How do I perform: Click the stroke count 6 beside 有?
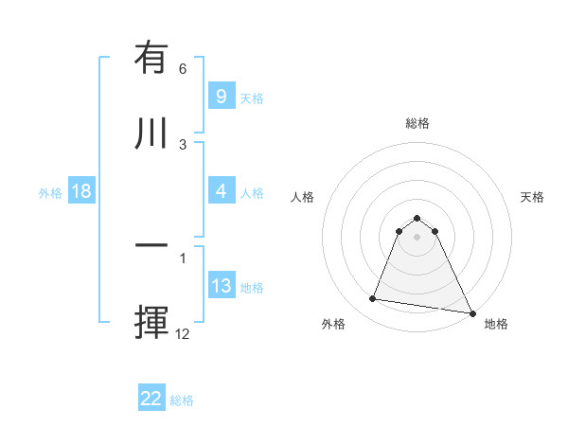pyautogui.click(x=183, y=69)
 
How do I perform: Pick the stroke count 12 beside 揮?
pyautogui.click(x=183, y=333)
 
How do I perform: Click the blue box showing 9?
pyautogui.click(x=221, y=96)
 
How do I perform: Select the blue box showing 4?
pyautogui.click(x=221, y=191)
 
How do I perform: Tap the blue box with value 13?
pyautogui.click(x=221, y=286)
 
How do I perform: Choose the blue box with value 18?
pyautogui.click(x=81, y=191)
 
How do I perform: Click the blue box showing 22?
pyautogui.click(x=151, y=399)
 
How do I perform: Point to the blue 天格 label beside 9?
pyautogui.click(x=252, y=98)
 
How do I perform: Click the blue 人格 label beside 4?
pyautogui.click(x=252, y=193)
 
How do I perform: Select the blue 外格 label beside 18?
pyautogui.click(x=50, y=193)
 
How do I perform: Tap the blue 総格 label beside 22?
pyautogui.click(x=182, y=400)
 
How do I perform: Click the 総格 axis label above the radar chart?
pyautogui.click(x=417, y=123)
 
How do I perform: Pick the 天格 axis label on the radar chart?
pyautogui.click(x=533, y=197)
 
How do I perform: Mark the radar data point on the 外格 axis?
pyautogui.click(x=373, y=299)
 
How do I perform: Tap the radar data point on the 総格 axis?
pyautogui.click(x=417, y=218)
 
